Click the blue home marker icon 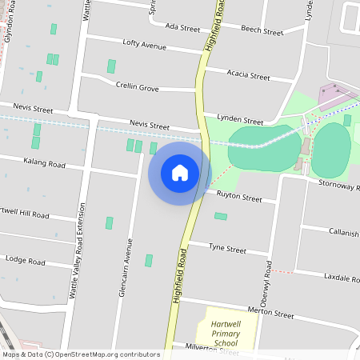[180, 172]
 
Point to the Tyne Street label [226, 249]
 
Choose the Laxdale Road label [342, 277]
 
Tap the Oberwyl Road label [268, 282]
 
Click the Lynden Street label [240, 120]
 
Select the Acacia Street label [248, 76]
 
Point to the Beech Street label [262, 33]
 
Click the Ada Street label [182, 27]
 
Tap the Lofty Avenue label [145, 45]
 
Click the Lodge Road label [26, 259]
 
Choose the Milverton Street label [213, 349]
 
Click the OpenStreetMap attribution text [81, 354]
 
